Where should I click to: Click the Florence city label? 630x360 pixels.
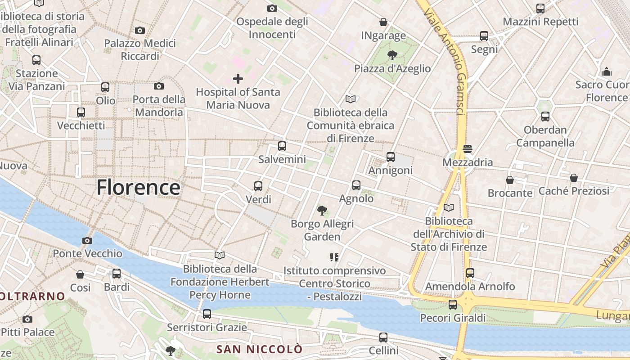coord(138,187)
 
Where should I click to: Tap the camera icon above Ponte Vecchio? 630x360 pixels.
coord(87,241)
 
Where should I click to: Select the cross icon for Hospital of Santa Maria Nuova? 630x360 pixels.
coord(238,79)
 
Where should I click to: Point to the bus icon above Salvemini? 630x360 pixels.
coord(282,146)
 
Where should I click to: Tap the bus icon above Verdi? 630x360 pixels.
coord(258,186)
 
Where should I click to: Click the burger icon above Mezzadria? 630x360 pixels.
coord(467,149)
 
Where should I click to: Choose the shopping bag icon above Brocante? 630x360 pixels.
coord(510,180)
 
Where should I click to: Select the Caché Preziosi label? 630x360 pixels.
coord(574,191)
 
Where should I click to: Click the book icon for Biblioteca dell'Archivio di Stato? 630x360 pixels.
coord(449,208)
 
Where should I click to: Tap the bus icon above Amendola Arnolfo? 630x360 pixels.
coord(470,273)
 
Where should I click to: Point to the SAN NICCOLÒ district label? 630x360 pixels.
coord(259,349)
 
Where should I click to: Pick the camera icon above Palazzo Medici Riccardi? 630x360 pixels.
coord(140,31)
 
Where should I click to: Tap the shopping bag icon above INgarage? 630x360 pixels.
coord(383,22)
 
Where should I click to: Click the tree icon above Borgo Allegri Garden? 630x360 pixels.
coord(322,210)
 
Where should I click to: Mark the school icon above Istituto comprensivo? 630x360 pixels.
coord(334,257)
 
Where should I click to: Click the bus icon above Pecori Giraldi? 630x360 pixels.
coord(453,305)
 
